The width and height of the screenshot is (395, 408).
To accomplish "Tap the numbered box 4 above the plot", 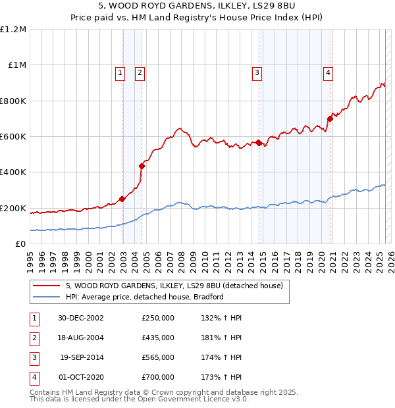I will (x=327, y=73).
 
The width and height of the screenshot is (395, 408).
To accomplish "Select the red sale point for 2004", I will (x=142, y=166).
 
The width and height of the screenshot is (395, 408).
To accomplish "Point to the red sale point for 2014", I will (x=259, y=142).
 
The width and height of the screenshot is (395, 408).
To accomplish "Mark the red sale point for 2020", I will (x=329, y=118).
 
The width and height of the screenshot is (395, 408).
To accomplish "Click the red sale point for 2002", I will (x=122, y=199).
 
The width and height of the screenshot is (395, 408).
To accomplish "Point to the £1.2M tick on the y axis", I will (x=14, y=30).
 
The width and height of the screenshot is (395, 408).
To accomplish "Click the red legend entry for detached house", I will (x=174, y=286).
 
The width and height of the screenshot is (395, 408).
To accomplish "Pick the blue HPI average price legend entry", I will (x=145, y=297).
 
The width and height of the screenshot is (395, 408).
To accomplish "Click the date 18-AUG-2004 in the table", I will (x=81, y=338).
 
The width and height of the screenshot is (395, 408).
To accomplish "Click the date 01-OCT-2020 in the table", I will (x=81, y=377).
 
